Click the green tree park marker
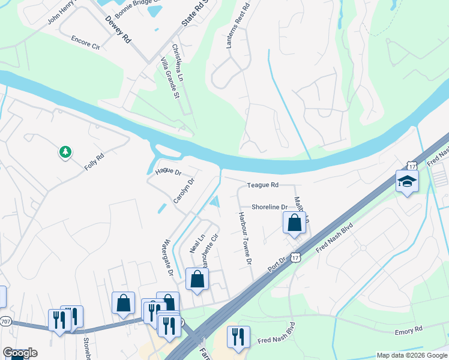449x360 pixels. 65,152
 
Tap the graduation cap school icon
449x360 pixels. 407,181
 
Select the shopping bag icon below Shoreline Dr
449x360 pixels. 294,224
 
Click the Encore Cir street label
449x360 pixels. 85,44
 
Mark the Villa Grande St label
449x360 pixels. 169,78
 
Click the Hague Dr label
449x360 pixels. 168,172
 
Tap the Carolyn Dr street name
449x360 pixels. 184,190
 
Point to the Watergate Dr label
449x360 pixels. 166,257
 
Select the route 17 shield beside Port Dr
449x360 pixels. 294,257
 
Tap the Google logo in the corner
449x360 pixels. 20,353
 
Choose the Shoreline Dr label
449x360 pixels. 270,207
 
